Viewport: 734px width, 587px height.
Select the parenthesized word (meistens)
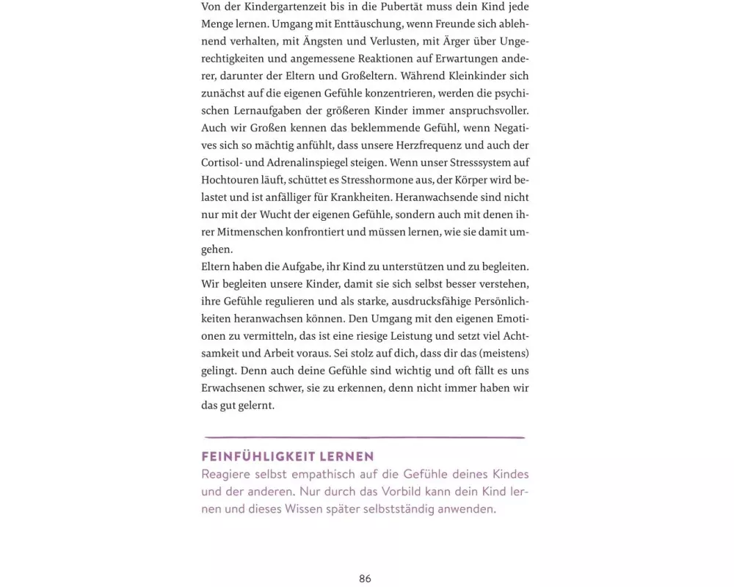[501, 353]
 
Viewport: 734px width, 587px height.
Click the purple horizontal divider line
[365, 437]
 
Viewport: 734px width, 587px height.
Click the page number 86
[365, 579]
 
